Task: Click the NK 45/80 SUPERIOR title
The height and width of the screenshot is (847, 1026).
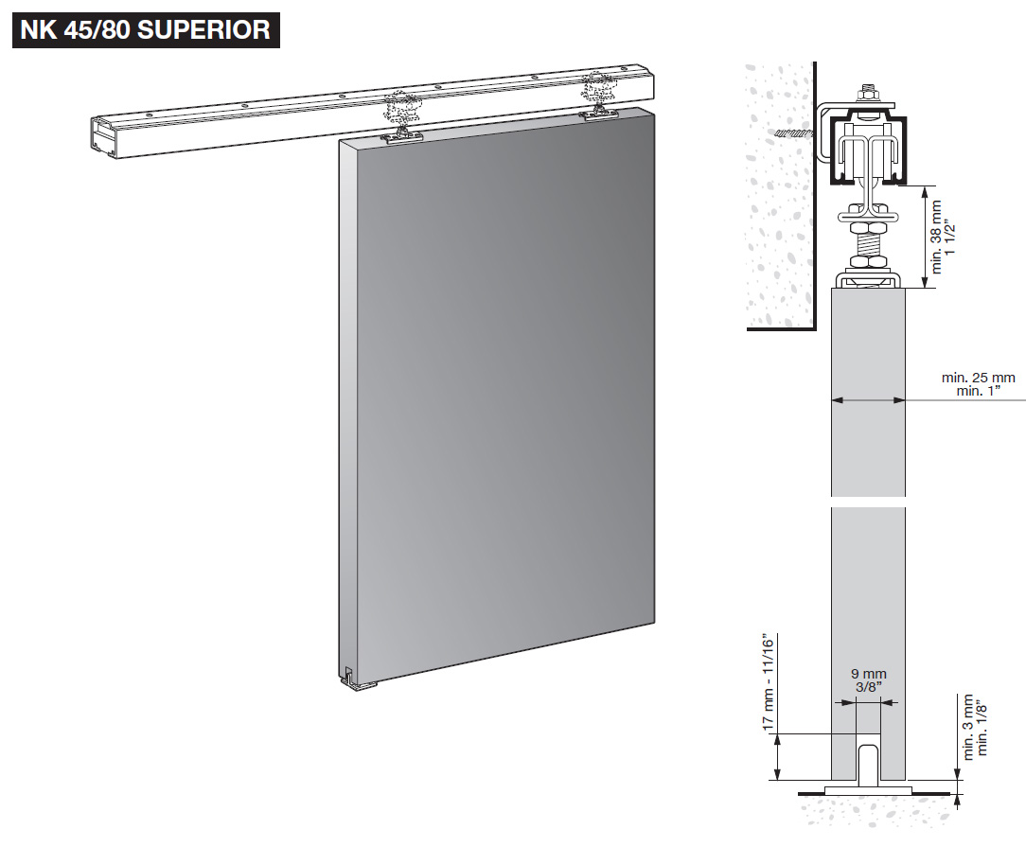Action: click(146, 29)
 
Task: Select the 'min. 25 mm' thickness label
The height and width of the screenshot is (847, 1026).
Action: click(978, 378)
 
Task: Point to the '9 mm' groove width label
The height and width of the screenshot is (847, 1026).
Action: click(867, 674)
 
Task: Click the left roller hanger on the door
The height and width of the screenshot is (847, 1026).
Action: click(402, 118)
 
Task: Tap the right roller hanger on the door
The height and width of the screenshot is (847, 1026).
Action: click(597, 99)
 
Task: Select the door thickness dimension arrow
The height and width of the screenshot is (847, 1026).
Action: click(868, 401)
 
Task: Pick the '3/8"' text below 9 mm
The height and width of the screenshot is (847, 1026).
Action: click(867, 687)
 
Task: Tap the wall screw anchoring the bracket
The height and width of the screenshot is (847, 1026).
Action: click(793, 134)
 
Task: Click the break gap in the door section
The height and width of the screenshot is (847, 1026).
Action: click(868, 502)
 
